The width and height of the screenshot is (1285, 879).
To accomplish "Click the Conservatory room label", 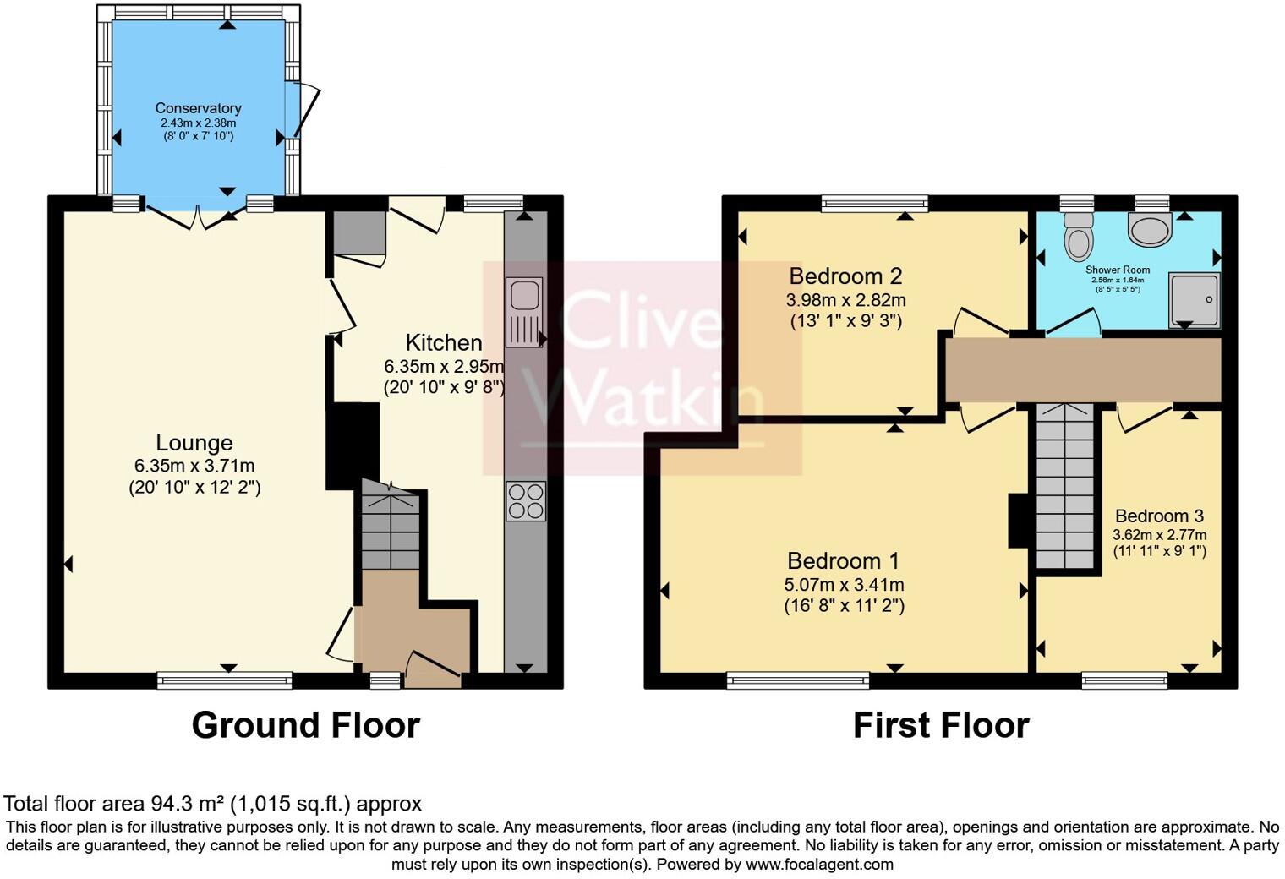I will point(198,108).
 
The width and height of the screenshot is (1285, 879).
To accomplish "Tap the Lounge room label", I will point(194,442).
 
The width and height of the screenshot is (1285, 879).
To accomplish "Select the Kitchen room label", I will point(444,342).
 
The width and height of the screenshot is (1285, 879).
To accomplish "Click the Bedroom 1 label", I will point(843,560).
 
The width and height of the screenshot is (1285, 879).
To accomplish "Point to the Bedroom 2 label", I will point(845,276).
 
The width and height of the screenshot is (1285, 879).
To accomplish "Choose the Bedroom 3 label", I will point(1159,516).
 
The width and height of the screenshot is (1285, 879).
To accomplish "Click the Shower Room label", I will point(1118,270).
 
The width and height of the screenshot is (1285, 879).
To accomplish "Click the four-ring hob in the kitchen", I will point(525,500).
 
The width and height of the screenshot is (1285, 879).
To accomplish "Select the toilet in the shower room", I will point(1078,236).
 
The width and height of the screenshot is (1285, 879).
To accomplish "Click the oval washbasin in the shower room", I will point(1149,227).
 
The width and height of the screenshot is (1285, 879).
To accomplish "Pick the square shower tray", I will point(1194,299).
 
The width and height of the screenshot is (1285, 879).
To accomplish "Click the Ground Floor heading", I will point(305,725).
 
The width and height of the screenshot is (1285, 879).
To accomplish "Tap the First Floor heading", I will point(940,725).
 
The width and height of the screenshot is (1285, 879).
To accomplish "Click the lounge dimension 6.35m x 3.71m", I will point(194,466).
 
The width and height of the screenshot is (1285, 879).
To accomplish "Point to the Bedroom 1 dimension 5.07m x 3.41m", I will point(844,584).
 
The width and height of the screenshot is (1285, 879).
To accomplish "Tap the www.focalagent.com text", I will point(819,864).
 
